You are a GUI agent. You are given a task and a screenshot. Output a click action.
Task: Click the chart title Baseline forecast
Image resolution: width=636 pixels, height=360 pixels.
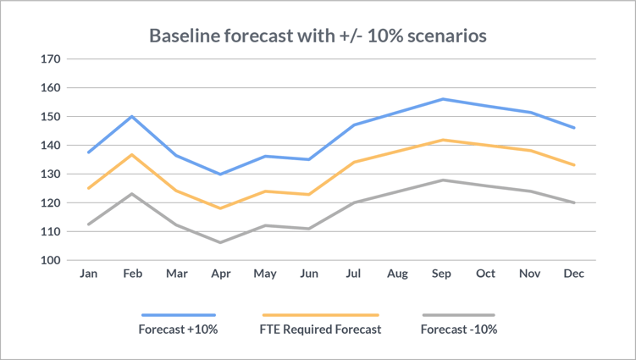(x=318, y=36)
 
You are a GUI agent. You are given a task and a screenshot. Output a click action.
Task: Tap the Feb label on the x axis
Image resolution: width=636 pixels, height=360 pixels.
(x=131, y=274)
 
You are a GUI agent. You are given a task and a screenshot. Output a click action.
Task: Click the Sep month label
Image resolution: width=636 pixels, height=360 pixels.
(x=441, y=274)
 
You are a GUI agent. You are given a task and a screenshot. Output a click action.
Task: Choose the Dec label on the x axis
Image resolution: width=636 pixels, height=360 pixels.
(x=574, y=274)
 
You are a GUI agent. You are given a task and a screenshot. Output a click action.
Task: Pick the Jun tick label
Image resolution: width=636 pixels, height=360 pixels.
(x=308, y=274)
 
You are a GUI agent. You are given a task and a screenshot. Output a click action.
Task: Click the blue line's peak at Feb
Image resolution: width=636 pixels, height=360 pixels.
(x=131, y=117)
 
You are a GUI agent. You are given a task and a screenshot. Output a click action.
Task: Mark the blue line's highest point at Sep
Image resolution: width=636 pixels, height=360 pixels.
(x=441, y=99)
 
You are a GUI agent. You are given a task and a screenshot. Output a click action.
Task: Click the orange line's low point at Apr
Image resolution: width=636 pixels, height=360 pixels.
(x=220, y=208)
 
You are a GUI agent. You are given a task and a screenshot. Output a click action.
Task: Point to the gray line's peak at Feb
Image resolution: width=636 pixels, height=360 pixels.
(x=131, y=194)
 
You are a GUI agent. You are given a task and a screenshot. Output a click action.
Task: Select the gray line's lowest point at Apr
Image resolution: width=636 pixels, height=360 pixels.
(x=220, y=242)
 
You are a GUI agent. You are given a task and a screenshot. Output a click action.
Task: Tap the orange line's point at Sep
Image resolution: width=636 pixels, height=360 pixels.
(x=441, y=140)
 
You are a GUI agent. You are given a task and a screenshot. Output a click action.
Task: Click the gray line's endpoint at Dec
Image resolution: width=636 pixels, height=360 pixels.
(x=574, y=202)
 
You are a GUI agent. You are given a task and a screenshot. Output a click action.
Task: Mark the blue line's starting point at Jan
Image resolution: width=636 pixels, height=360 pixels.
(x=87, y=152)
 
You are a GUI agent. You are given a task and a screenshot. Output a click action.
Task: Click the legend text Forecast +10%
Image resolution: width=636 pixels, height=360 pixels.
(x=178, y=330)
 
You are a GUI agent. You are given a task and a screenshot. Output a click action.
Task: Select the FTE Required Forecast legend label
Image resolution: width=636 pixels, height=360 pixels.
(x=320, y=330)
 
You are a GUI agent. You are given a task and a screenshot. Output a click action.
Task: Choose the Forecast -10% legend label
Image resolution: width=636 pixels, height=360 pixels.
(x=458, y=330)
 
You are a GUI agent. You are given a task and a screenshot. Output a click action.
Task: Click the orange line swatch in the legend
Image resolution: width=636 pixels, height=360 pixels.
(x=320, y=314)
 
